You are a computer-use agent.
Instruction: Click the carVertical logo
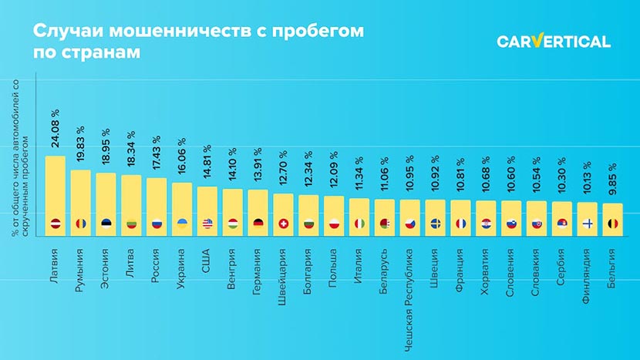click(553, 42)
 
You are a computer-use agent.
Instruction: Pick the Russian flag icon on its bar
click(157, 224)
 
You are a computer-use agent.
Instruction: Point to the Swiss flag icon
click(283, 224)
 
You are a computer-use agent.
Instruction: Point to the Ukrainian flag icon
click(182, 224)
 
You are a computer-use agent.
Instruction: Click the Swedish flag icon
click(435, 224)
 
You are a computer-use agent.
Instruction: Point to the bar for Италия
click(359, 212)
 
